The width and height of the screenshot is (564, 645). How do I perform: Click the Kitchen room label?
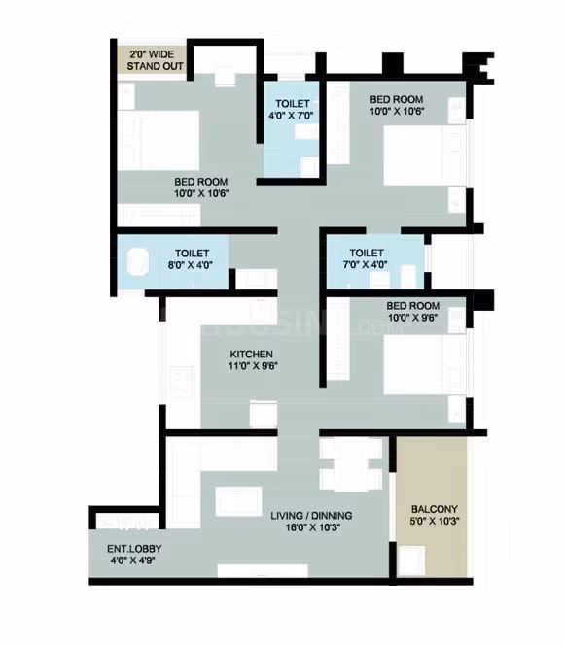tap(251, 355)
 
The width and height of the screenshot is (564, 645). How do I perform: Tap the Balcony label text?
tap(435, 509)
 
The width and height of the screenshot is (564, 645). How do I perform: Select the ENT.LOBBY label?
tap(134, 549)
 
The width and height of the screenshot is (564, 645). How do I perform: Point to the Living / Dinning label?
tap(311, 516)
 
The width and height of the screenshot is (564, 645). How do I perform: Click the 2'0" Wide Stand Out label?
tap(155, 60)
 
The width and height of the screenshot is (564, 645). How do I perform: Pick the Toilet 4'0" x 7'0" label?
tap(292, 110)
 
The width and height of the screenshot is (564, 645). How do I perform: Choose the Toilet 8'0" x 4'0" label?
tap(191, 259)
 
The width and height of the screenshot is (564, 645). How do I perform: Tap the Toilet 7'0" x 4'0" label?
tap(366, 258)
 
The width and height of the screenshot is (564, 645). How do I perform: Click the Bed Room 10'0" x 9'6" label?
tap(412, 312)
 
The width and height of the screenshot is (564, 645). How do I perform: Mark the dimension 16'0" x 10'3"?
tap(313, 527)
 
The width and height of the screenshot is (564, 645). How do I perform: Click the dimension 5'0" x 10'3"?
tap(435, 521)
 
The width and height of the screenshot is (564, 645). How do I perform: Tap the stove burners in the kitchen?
tap(181, 382)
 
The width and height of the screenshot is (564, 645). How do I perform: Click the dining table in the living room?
tap(351, 464)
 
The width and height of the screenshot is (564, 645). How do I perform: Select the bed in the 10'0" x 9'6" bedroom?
tap(425, 364)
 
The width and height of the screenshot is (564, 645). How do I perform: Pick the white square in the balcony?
tap(411, 560)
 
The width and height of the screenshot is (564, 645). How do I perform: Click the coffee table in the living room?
tap(238, 501)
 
